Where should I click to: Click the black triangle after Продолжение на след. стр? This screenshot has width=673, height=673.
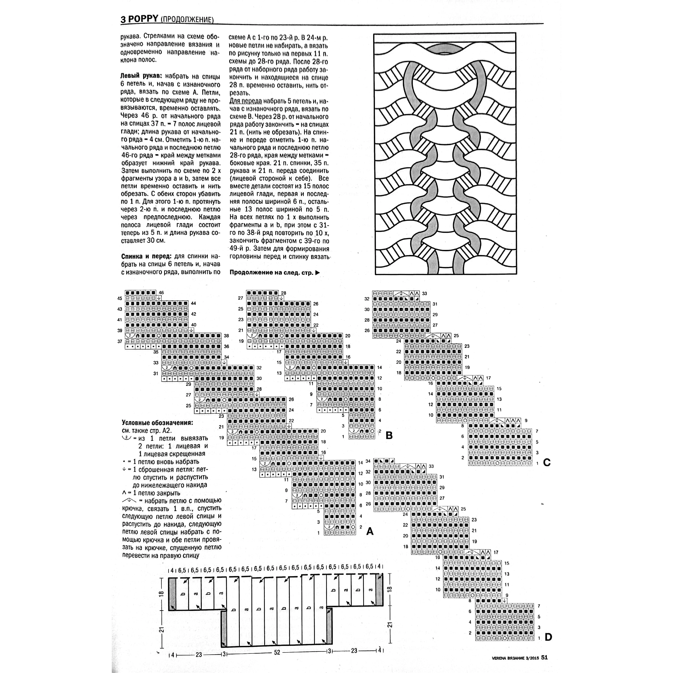point(317,273)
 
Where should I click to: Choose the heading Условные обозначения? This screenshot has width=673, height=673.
point(157,423)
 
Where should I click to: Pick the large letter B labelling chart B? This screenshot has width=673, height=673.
point(389,435)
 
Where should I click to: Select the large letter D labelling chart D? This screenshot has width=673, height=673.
point(548,637)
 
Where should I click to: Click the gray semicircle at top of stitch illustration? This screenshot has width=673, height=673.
point(445,49)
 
